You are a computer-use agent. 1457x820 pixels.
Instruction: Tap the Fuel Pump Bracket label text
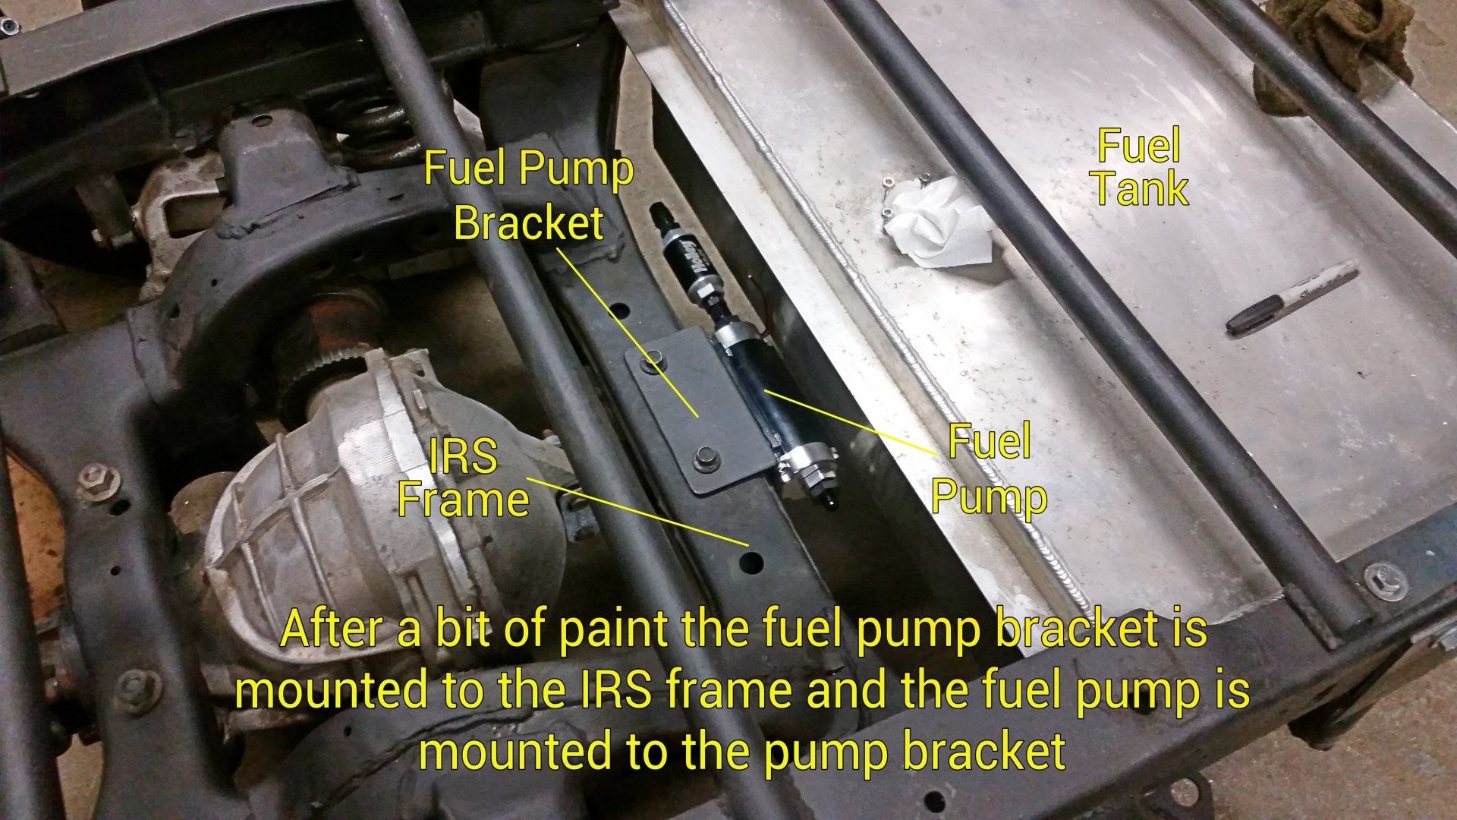pos(528,195)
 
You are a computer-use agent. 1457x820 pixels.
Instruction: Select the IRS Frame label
pos(463,478)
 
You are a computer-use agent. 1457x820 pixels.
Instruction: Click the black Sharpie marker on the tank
pos(1292,296)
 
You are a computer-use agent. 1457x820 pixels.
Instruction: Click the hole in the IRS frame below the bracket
pos(752,562)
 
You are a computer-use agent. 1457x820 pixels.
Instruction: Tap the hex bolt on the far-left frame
pos(99,482)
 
